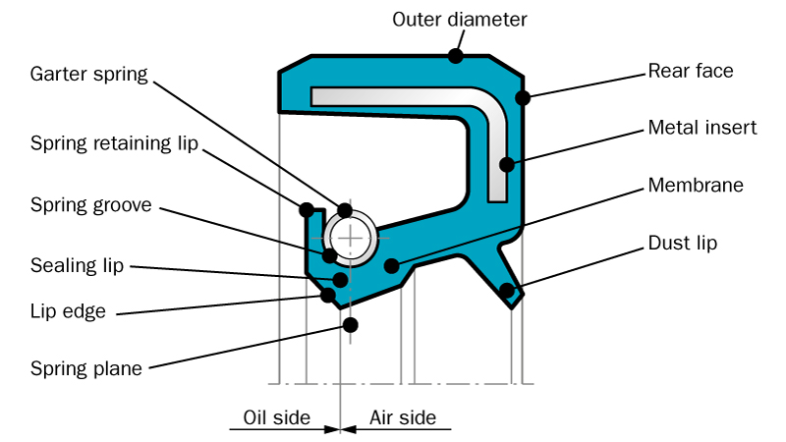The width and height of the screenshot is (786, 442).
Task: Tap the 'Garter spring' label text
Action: (x=88, y=74)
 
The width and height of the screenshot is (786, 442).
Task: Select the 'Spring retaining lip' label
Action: (x=114, y=143)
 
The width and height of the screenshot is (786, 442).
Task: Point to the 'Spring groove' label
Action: (x=90, y=205)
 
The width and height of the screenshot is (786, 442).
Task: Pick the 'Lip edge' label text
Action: (x=68, y=312)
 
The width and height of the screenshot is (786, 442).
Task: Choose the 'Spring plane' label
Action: (x=86, y=369)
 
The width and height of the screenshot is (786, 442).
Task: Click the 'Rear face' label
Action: (x=691, y=71)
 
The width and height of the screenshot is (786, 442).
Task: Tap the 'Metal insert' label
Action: (x=702, y=128)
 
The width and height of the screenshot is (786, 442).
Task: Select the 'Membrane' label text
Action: (x=695, y=185)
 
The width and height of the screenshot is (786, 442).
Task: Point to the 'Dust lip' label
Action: (x=683, y=243)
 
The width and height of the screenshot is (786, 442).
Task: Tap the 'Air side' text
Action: (x=403, y=417)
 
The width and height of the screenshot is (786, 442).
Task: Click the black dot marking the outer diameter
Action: (x=456, y=56)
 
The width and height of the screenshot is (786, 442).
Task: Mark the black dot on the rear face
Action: (x=523, y=97)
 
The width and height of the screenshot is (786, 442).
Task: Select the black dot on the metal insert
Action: (x=506, y=164)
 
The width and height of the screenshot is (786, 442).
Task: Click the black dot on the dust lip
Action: (x=506, y=290)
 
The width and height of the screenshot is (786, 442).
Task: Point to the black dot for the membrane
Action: (x=392, y=265)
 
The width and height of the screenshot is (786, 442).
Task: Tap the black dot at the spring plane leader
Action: (x=350, y=324)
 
